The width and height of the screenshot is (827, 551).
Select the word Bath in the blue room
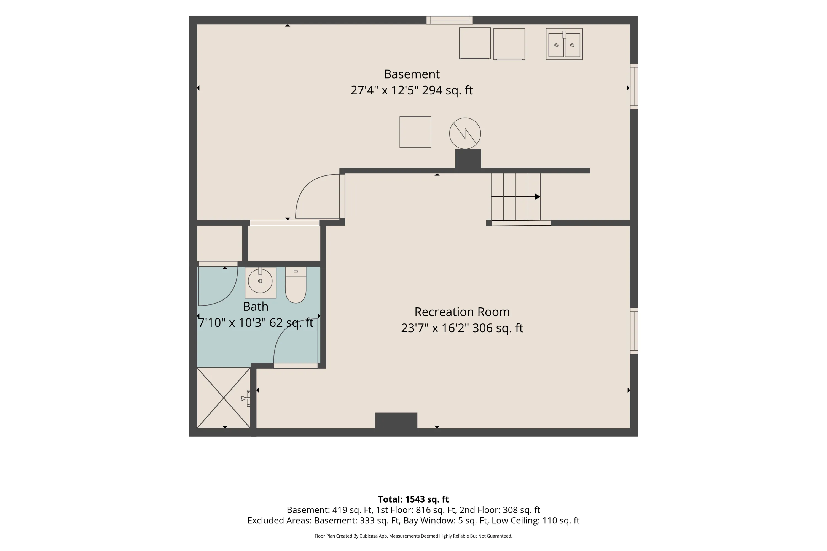pos(256,306)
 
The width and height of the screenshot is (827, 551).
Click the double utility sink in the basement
pos(564,44)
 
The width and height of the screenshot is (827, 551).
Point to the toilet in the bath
pos(295,285)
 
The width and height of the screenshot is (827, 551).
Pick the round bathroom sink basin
pos(260,281)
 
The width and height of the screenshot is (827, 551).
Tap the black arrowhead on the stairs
pos(537,197)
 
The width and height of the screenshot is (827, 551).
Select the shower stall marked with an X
pos(224,398)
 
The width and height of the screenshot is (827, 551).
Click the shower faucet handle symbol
pos(245,398)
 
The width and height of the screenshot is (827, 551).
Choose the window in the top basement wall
pos(449,20)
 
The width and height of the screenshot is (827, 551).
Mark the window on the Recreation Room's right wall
pos(634,331)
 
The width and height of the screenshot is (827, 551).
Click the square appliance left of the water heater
pos(415,132)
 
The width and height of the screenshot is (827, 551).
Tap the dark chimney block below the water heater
pos(468,159)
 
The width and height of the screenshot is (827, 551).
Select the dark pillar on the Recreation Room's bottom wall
pos(396,420)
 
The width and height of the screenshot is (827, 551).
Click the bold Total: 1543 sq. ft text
pos(413,499)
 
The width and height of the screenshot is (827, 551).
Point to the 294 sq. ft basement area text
pos(447,90)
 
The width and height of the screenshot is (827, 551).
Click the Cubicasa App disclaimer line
pos(413,536)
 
